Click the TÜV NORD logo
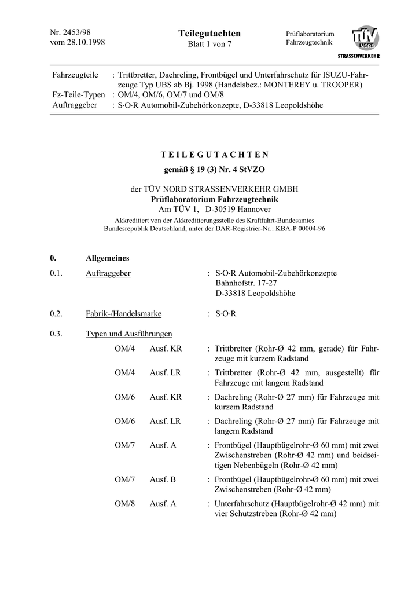coord(365,39)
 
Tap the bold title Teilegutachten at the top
coord(209,34)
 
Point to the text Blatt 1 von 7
coord(209,45)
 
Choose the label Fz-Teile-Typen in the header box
coord(79,94)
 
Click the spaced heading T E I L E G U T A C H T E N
coord(214,155)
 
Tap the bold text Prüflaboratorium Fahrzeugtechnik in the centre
coord(209,199)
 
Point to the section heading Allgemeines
coord(108,258)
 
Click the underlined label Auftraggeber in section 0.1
coord(108,273)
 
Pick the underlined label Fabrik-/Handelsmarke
coord(123,314)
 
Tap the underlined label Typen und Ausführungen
coord(128,334)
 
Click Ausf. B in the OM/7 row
coord(163,479)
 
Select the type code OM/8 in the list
coord(124,504)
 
